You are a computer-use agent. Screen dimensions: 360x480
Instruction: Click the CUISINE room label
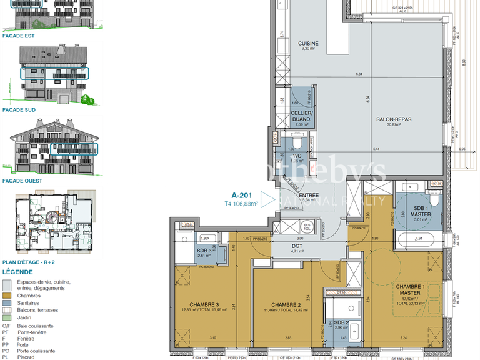[x=309, y=43]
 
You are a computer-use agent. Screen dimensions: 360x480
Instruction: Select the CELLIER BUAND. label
[x=302, y=116]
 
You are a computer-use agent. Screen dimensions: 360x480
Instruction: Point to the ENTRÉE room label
[x=309, y=196]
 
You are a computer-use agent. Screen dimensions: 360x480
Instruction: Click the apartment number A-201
[x=242, y=196]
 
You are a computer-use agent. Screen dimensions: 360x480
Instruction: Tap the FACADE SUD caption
[x=19, y=109]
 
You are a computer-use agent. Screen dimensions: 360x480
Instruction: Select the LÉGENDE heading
[x=17, y=272]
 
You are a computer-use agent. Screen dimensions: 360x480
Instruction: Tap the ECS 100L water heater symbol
[x=307, y=226]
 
